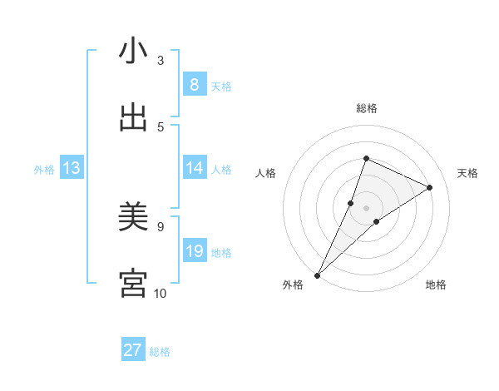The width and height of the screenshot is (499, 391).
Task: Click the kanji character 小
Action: [133, 52]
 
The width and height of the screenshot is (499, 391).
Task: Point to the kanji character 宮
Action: [133, 284]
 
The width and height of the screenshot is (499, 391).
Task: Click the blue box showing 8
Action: [194, 84]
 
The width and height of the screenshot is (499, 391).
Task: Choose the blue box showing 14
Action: [194, 168]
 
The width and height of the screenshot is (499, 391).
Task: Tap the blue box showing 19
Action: [194, 251]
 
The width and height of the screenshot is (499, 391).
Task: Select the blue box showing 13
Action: [72, 168]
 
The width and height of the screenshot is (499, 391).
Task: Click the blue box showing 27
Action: [133, 350]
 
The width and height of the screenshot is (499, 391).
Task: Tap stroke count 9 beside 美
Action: [161, 226]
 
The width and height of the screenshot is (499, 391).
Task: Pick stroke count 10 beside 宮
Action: [161, 293]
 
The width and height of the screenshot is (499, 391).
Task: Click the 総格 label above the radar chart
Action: [367, 108]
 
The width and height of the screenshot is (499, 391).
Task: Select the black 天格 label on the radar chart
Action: [467, 173]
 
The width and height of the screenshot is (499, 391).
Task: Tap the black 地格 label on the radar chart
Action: [436, 285]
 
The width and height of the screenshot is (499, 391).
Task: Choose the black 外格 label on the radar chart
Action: [293, 285]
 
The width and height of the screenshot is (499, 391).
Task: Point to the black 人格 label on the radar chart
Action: [266, 173]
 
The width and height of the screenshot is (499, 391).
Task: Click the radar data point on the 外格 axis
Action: [317, 275]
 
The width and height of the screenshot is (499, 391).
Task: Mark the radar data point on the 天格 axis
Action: [429, 187]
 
